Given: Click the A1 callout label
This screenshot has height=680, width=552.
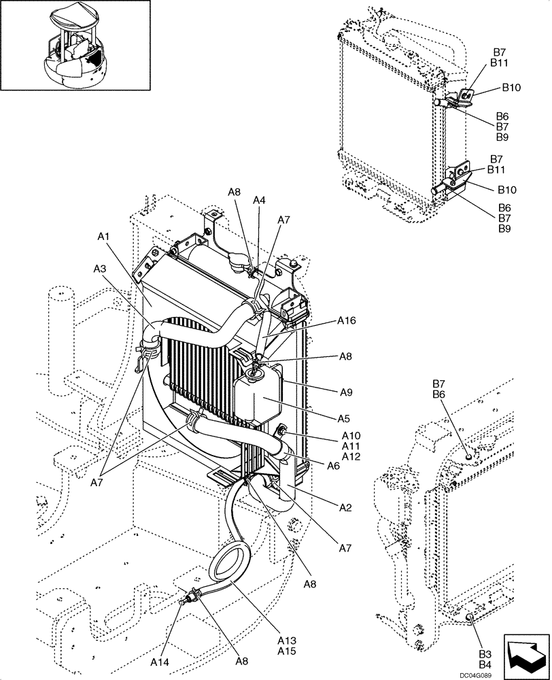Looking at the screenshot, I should click(x=103, y=237).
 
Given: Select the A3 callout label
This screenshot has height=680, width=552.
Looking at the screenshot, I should click(x=99, y=269).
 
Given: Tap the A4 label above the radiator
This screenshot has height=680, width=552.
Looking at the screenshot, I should click(x=259, y=200).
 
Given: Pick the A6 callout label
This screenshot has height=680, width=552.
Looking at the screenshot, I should click(x=332, y=466).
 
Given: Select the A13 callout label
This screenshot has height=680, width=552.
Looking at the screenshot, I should click(x=287, y=640).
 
